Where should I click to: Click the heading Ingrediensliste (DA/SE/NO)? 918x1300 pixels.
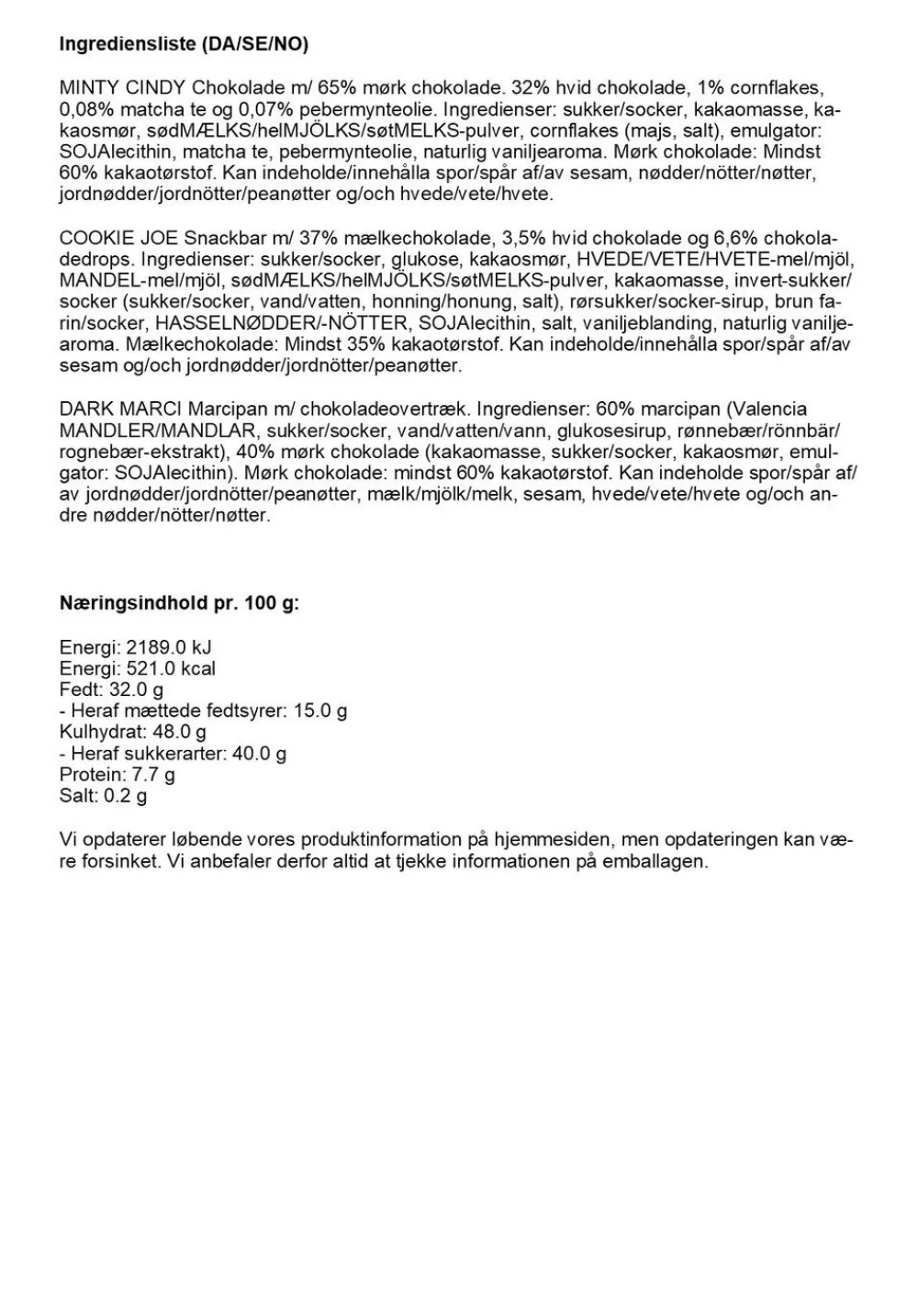coord(184,44)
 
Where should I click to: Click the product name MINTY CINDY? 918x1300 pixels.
coord(122,88)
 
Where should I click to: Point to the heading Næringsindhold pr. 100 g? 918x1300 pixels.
coord(179,603)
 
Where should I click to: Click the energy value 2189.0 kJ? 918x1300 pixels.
coord(169,647)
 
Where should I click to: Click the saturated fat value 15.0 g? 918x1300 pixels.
coord(320,711)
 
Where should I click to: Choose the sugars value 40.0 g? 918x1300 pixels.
coord(259,754)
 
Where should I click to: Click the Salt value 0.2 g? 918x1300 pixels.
coord(125,795)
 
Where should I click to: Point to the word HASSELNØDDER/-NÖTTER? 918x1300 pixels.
coord(281,323)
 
